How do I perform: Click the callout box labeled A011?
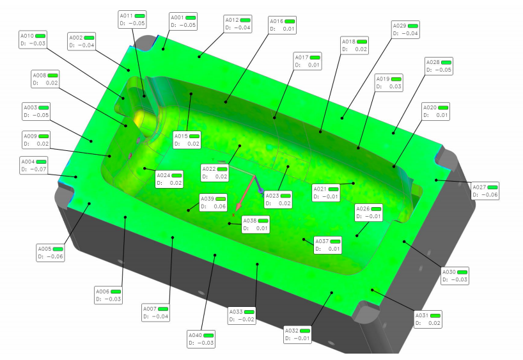pos(132,19)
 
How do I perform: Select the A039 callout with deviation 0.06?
pos(213,203)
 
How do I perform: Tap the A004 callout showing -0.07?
pos(34,166)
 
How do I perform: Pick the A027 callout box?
pos(485,191)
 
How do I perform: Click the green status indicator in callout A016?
pos(290,21)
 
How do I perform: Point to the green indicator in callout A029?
pos(412,26)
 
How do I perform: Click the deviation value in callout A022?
pos(221,176)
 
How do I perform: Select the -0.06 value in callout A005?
pos(55,256)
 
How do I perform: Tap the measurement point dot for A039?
pos(189,210)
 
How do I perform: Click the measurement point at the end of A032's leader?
pos(332,293)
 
